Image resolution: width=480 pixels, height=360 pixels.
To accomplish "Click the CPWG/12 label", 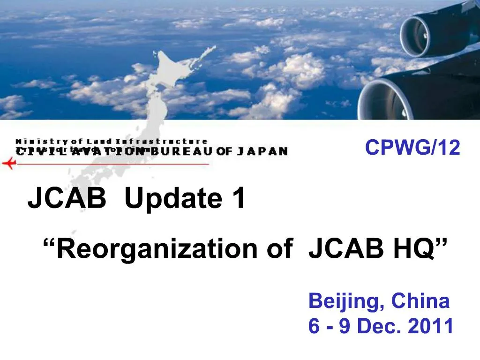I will (x=412, y=148).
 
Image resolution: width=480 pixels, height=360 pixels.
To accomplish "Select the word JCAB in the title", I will (x=67, y=198).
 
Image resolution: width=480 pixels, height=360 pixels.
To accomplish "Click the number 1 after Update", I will (x=238, y=198).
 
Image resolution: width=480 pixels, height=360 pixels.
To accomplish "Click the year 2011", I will (x=431, y=327).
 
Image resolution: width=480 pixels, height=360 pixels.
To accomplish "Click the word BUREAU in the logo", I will (x=182, y=151).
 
